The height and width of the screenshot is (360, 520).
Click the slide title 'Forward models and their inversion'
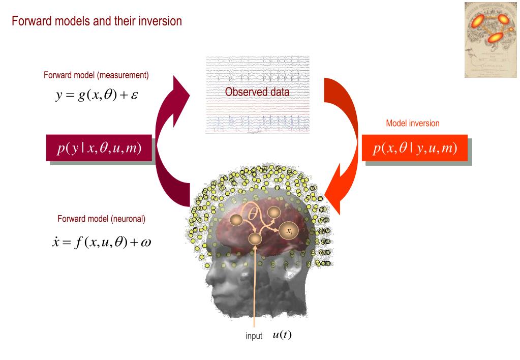(x=97, y=22)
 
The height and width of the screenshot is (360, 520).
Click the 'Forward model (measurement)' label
(x=96, y=75)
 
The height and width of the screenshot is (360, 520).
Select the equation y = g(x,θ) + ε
(x=93, y=95)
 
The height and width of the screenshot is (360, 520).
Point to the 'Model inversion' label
(x=413, y=123)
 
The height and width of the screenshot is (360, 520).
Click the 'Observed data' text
(x=257, y=93)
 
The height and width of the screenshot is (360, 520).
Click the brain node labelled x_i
(x=289, y=230)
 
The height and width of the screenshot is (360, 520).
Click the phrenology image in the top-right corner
(x=491, y=40)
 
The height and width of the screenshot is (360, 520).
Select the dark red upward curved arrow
(x=168, y=147)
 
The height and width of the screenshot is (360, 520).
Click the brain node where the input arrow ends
(x=255, y=238)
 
